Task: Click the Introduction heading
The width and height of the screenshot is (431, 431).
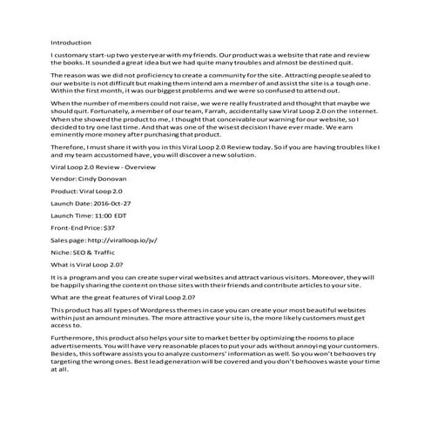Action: coord(71,41)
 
